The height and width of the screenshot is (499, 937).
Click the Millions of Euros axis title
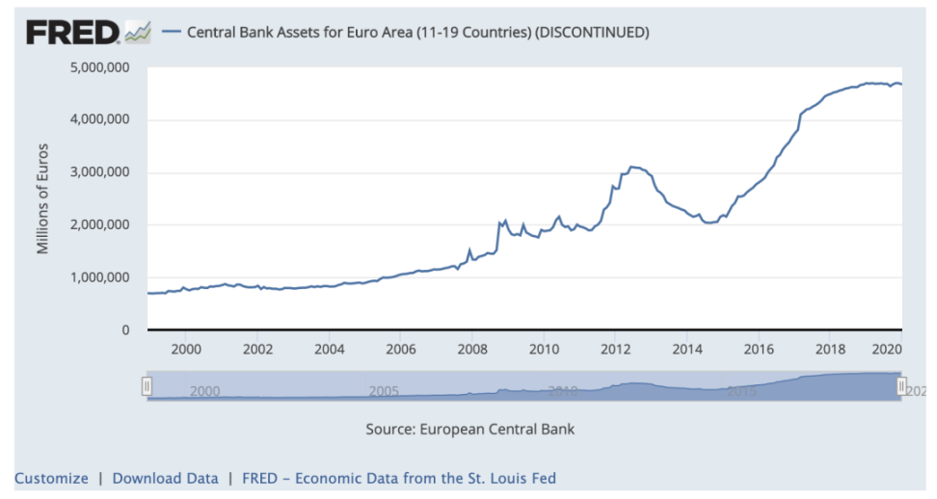tap(42, 199)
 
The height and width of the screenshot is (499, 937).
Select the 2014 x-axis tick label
tap(687, 349)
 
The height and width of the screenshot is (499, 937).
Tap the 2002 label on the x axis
tap(257, 349)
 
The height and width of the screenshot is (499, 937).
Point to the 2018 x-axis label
tap(831, 349)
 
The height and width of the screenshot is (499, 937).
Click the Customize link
tap(51, 478)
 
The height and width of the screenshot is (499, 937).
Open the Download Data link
tap(165, 478)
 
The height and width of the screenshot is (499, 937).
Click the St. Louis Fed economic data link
tap(398, 478)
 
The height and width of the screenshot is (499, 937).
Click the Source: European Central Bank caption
tap(469, 429)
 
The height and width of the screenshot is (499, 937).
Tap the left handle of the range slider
tap(147, 386)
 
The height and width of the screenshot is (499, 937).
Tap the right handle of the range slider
tap(901, 386)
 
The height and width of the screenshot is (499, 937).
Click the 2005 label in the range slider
tap(384, 391)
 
